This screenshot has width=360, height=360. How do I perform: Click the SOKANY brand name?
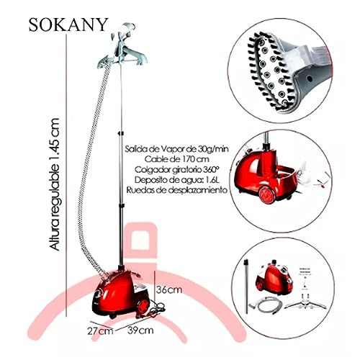(x=68, y=24)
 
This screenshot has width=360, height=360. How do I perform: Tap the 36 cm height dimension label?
(x=169, y=289)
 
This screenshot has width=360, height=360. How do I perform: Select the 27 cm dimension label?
(x=100, y=331)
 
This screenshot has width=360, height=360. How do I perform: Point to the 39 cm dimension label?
(x=140, y=330)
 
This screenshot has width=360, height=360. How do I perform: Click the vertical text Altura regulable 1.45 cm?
(x=54, y=184)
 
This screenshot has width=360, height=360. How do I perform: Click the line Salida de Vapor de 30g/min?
(x=176, y=149)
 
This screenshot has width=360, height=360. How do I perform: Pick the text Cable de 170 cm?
(x=177, y=159)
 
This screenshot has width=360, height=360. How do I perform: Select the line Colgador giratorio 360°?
(x=177, y=169)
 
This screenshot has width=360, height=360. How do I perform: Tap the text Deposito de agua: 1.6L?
(x=177, y=180)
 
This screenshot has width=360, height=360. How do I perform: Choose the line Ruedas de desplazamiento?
(x=177, y=190)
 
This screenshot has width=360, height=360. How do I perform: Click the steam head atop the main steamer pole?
(x=125, y=30)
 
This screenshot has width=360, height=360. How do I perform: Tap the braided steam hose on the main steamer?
(x=89, y=168)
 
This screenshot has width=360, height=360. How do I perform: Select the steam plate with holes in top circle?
(x=273, y=72)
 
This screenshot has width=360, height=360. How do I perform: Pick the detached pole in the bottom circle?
(x=246, y=286)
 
